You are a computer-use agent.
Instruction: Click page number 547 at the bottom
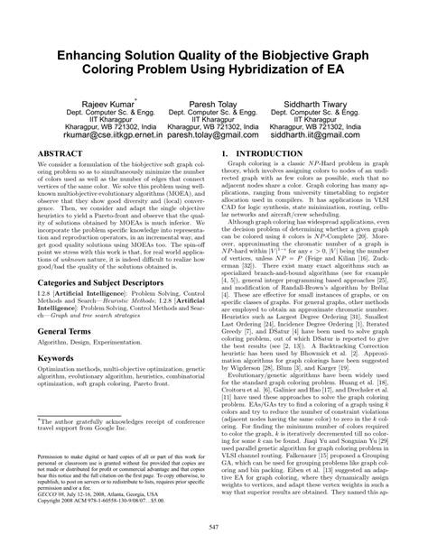(214, 525)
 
